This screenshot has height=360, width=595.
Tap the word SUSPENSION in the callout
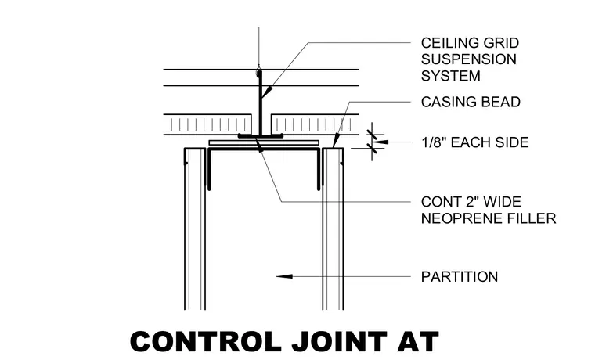pos(469,59)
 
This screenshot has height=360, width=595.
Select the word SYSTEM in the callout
pos(451,76)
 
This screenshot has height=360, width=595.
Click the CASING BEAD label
pos(471,102)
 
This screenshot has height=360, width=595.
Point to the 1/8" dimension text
pos(433,142)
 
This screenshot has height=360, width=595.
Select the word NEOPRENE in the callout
pos(457,218)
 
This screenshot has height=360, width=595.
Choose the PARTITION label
pos(460,277)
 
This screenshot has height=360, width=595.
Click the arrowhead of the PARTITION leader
pos(284,276)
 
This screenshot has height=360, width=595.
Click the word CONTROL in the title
pos(206,341)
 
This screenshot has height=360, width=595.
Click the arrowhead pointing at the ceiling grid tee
pos(267,92)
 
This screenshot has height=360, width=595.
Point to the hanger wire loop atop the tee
pos(259,71)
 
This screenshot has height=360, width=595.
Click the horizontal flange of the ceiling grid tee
pos(260,135)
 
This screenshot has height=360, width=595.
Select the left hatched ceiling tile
pos(207,124)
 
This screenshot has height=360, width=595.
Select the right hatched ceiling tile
pos(315,124)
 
